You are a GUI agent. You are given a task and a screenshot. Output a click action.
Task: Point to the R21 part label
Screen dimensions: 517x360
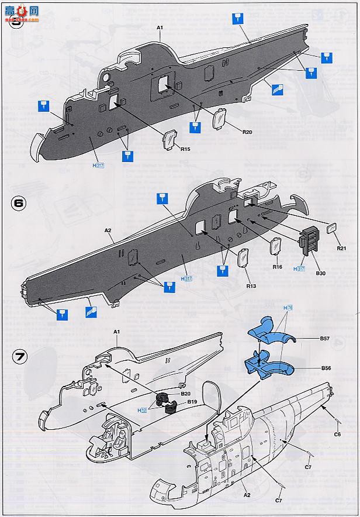342,248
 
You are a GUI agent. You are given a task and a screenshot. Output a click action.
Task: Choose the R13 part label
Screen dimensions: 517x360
251,286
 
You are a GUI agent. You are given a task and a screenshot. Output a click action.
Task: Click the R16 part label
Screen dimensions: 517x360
278,267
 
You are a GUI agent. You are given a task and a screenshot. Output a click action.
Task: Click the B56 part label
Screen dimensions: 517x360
327,368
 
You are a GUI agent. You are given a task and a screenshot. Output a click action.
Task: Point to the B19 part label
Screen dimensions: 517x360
191,402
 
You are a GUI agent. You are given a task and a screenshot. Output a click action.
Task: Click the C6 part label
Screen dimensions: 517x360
337,434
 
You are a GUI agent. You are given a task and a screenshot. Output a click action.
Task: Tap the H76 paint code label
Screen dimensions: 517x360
288,308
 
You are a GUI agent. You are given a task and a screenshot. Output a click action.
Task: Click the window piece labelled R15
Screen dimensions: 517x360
169,139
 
